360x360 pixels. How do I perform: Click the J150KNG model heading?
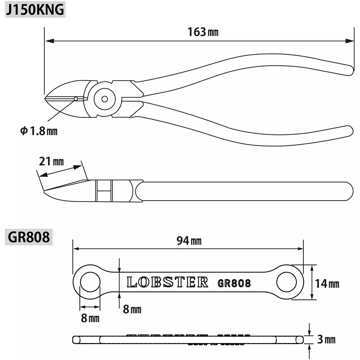35,10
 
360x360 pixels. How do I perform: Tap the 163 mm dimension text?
203,32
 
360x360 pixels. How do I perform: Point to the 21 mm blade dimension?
51,162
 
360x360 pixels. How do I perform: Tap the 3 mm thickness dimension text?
327,339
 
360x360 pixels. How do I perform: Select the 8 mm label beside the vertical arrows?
132,309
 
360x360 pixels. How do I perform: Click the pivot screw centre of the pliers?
105,99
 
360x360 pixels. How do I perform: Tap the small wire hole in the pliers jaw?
76,98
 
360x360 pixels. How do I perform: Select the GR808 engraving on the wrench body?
234,283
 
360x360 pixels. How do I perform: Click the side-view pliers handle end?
348,192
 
